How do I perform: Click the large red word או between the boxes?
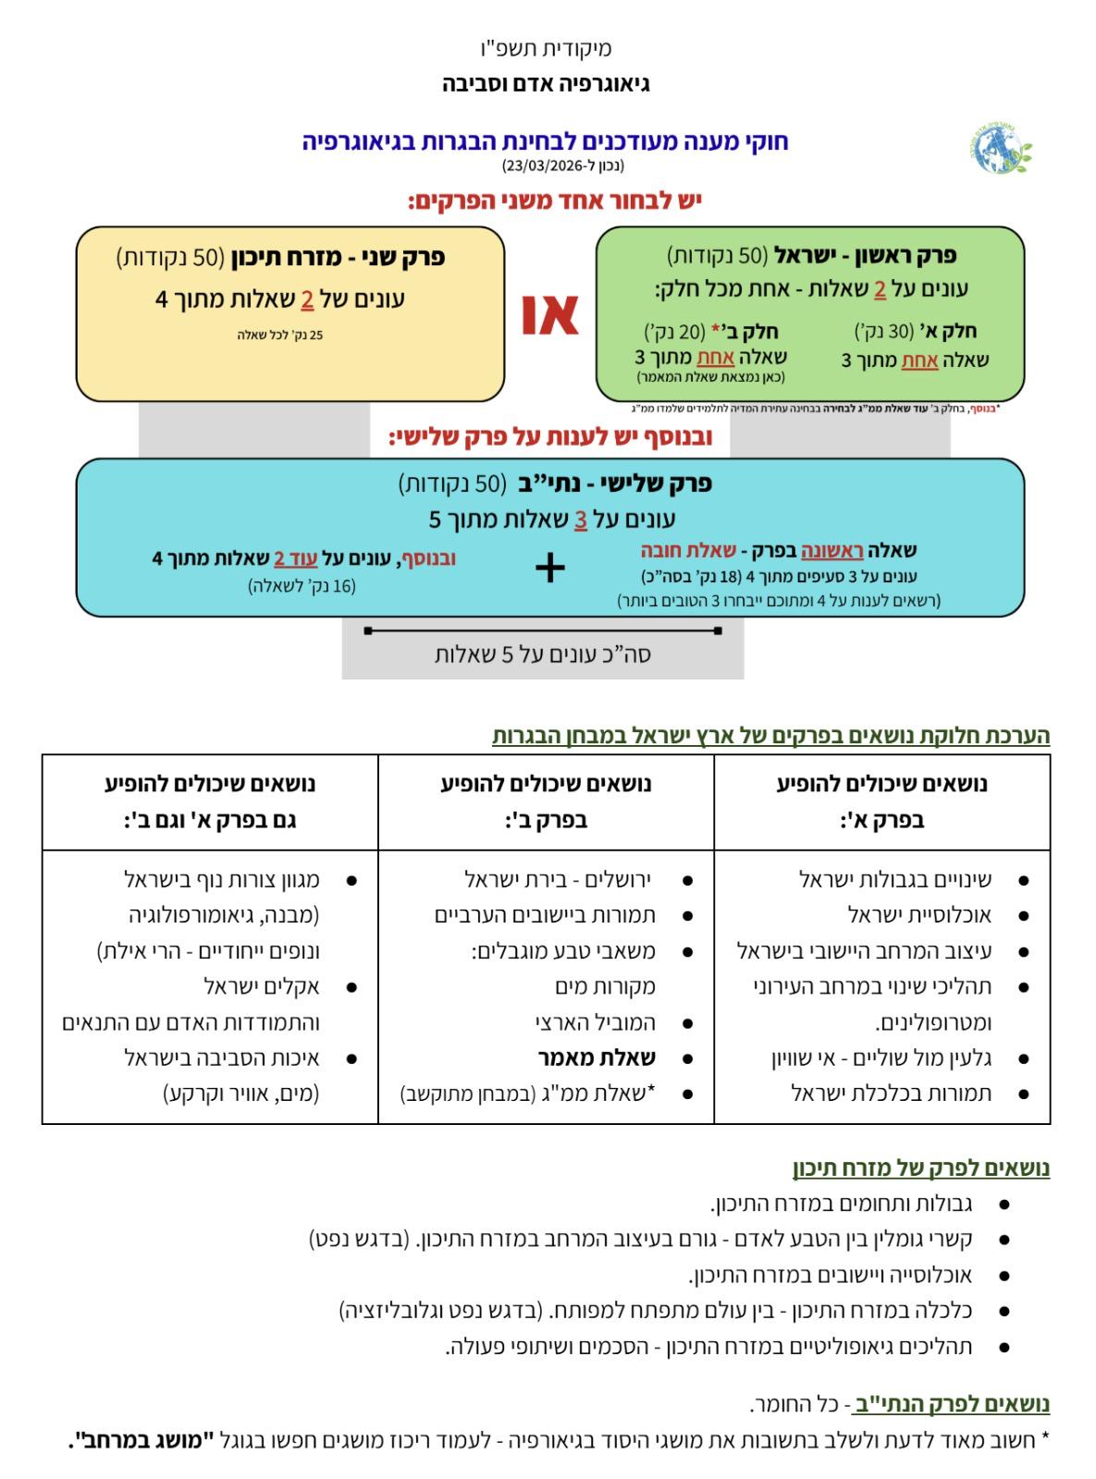click(x=550, y=314)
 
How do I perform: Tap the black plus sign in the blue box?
click(x=550, y=568)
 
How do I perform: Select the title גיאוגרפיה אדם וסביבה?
click(x=547, y=84)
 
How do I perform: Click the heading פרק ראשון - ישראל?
click(x=865, y=255)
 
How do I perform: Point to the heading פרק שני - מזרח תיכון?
click(x=338, y=257)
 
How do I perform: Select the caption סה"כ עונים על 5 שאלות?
click(x=543, y=654)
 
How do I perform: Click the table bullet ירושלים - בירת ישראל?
click(x=559, y=879)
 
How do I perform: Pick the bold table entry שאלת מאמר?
click(x=597, y=1058)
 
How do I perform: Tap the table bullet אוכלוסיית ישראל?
click(x=919, y=915)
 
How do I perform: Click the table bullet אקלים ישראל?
click(x=262, y=986)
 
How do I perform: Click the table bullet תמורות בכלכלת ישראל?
click(x=892, y=1094)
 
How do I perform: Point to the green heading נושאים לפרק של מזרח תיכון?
click(x=920, y=1167)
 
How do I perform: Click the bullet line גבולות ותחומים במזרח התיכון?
click(x=841, y=1204)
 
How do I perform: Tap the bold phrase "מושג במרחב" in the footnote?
click(x=138, y=1439)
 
